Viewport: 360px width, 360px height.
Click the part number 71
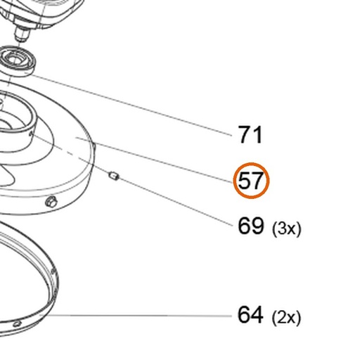coord(250,134)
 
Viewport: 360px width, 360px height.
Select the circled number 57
coord(250,180)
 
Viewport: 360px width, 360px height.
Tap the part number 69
coord(251,226)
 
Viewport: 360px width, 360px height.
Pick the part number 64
coord(250,315)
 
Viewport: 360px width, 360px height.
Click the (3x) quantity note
coord(286,229)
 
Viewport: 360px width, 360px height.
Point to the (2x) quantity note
coord(286,318)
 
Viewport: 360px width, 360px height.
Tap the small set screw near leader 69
coord(114,176)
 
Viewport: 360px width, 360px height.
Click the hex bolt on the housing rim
coord(51,202)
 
